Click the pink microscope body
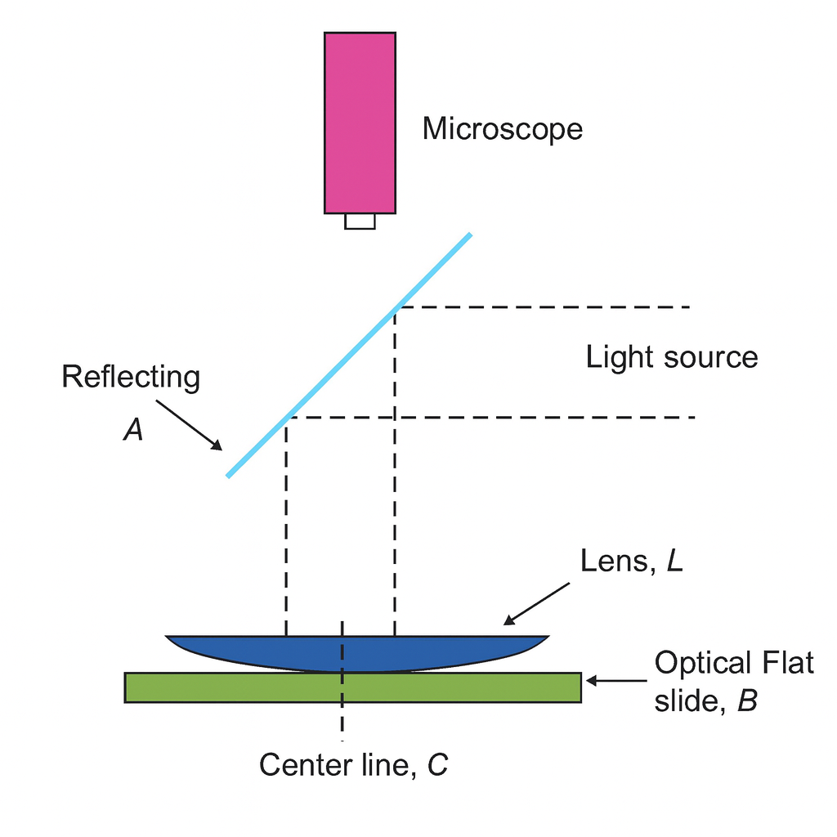(x=360, y=123)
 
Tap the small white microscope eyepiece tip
(x=360, y=222)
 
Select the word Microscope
(x=502, y=129)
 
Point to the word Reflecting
(x=131, y=378)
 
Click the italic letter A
(x=133, y=430)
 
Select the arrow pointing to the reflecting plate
(x=190, y=423)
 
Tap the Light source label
(x=671, y=357)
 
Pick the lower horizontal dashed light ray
(x=490, y=418)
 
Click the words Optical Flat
(x=734, y=662)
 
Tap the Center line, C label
(x=353, y=765)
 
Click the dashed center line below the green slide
(x=342, y=719)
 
